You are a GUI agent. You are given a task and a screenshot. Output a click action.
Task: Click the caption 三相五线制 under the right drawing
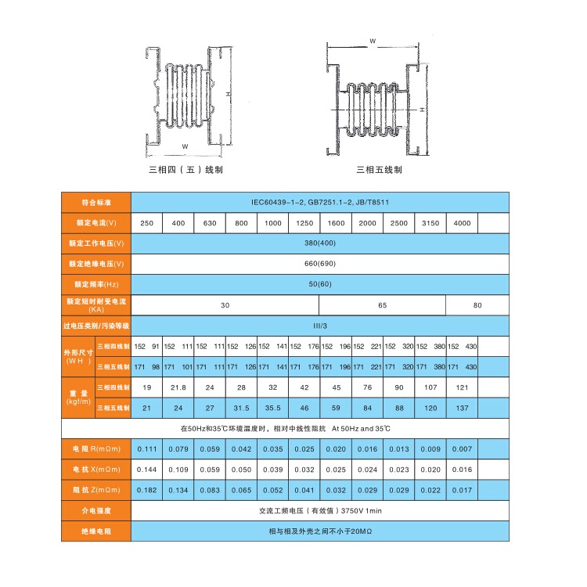(379, 168)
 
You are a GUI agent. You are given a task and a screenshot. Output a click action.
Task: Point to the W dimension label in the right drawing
(373, 39)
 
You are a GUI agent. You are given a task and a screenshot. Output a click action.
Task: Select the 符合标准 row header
(95, 202)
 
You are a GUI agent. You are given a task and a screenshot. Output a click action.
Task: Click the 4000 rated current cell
(462, 223)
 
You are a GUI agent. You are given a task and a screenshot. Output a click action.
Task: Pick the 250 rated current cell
(146, 223)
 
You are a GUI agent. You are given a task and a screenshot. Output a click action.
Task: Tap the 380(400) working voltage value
(320, 243)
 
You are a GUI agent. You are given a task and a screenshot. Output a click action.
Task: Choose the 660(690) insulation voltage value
(320, 264)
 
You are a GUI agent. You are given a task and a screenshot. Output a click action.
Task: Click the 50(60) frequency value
(320, 284)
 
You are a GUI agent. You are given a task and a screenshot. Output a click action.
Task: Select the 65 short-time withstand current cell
(382, 304)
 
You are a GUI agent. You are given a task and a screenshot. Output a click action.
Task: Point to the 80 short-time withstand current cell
(477, 304)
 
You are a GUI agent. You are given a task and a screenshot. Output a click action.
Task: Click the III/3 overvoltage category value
(320, 325)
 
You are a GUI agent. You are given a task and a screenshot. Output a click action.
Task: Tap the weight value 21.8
(178, 387)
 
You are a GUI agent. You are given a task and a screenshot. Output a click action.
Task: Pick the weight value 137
(462, 408)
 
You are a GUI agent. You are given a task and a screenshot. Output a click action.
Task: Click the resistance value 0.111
(146, 449)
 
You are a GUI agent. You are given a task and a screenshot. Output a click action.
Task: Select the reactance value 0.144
(146, 470)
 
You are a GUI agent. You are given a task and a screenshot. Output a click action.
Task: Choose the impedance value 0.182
(146, 490)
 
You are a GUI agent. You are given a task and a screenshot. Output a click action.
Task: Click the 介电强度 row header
(95, 510)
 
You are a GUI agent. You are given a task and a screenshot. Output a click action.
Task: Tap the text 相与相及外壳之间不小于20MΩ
(320, 531)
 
